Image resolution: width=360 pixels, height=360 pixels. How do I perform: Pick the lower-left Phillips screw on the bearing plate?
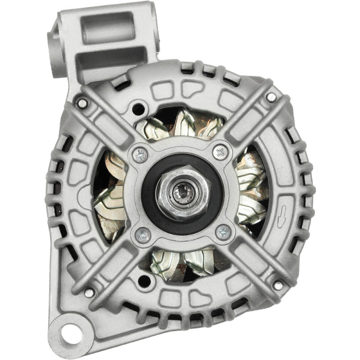tap(143, 234)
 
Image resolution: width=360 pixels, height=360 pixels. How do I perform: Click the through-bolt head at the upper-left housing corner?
tap(81, 103)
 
